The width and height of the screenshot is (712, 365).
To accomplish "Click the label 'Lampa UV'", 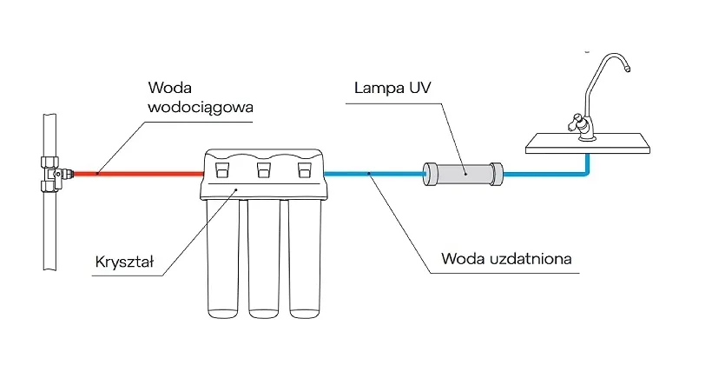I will tap(392, 89).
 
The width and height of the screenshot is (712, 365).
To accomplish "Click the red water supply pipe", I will tap(139, 174).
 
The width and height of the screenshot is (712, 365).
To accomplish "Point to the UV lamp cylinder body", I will tap(463, 173).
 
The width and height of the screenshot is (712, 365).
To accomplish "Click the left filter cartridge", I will tap(221, 261).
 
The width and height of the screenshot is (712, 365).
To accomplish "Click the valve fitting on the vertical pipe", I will tap(54, 172).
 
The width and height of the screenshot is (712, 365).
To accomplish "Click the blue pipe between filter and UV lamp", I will tap(373, 174).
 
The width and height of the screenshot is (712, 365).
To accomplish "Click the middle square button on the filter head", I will tap(263, 169).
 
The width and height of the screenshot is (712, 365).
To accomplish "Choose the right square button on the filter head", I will tap(304, 169).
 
